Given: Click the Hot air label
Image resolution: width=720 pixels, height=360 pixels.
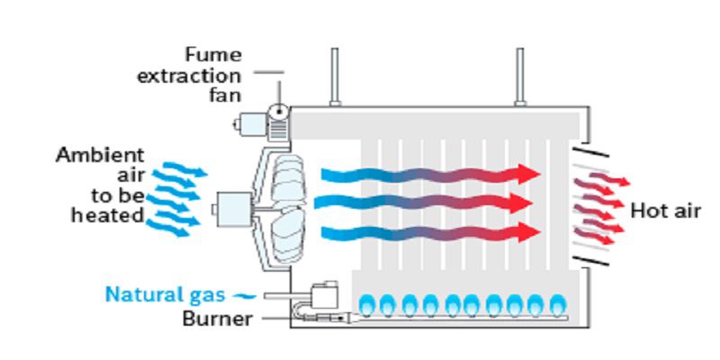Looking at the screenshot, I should (x=665, y=211).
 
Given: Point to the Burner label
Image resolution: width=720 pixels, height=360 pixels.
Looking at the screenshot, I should (x=218, y=318).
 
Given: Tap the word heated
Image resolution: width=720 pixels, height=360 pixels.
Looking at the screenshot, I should (x=109, y=215).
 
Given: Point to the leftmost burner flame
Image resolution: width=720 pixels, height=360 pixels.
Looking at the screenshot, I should (x=368, y=304).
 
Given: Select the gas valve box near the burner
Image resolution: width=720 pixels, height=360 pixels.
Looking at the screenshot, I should (x=322, y=296).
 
